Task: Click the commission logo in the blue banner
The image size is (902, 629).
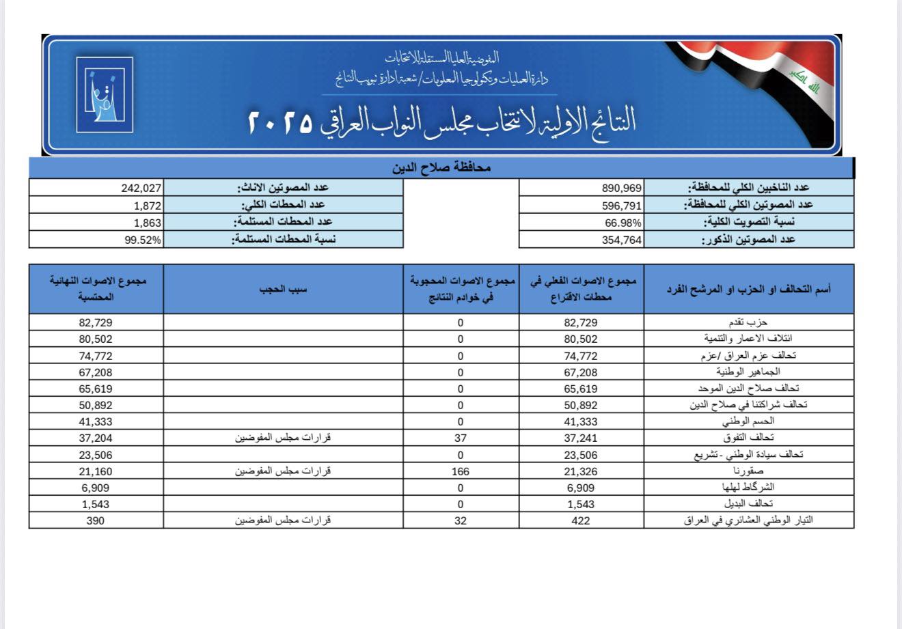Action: tap(104, 95)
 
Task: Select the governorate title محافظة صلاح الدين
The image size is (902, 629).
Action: tap(442, 168)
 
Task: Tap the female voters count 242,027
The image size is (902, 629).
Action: tap(141, 188)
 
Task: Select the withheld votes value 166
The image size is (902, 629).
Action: tap(461, 471)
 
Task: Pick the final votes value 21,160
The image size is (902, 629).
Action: tap(96, 471)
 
